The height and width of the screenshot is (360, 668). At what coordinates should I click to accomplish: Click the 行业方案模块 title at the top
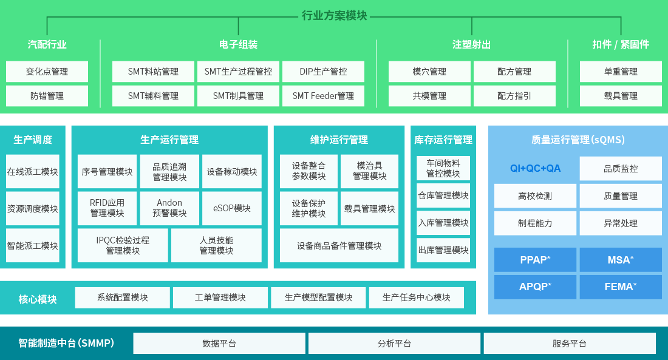[x=334, y=16]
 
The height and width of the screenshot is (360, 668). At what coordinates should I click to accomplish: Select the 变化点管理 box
[x=47, y=72]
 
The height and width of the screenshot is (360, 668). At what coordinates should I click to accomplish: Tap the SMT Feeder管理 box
[x=323, y=96]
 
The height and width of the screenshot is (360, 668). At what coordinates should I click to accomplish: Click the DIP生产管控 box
[x=323, y=72]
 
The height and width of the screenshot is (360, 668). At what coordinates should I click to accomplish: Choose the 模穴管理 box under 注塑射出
[x=429, y=72]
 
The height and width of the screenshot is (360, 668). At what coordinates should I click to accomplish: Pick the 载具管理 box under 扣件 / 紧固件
[x=621, y=96]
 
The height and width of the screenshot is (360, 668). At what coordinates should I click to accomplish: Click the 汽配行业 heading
[x=47, y=44]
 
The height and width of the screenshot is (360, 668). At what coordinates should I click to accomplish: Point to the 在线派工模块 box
[x=33, y=172]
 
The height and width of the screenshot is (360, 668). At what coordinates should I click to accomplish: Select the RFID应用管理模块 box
[x=107, y=208]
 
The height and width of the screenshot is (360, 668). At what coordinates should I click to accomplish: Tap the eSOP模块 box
[x=232, y=208]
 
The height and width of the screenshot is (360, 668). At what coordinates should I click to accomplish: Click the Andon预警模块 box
[x=169, y=208]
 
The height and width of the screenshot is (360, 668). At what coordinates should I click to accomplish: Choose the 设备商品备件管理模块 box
[x=339, y=246]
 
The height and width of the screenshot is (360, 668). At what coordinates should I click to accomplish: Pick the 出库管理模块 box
[x=443, y=250]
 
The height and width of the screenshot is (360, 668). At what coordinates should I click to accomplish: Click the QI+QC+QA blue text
[x=535, y=169]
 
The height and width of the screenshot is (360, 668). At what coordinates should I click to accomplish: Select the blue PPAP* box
[x=535, y=260]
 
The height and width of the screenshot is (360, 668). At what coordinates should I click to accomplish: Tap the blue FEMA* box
[x=621, y=287]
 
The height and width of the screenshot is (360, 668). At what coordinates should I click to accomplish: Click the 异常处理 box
[x=621, y=223]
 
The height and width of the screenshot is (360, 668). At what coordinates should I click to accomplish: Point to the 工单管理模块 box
[x=220, y=297]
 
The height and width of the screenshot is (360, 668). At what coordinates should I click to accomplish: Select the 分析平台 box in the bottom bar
[x=394, y=344]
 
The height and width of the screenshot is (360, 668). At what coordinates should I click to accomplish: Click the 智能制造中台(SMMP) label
[x=66, y=343]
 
